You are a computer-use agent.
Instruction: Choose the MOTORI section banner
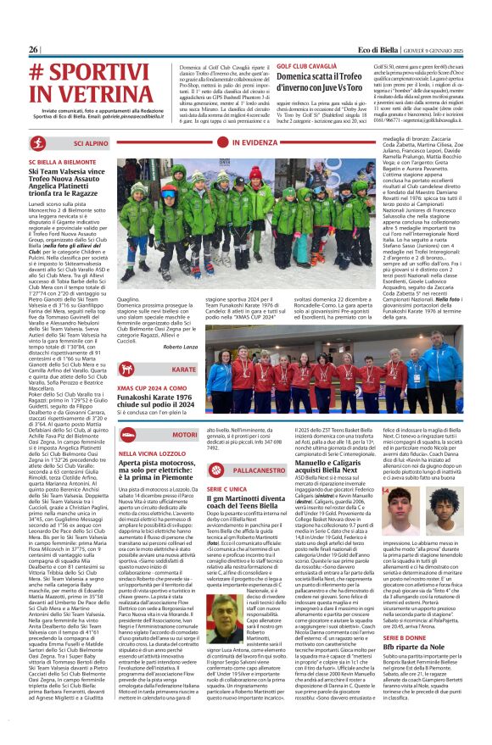[x=184, y=435]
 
